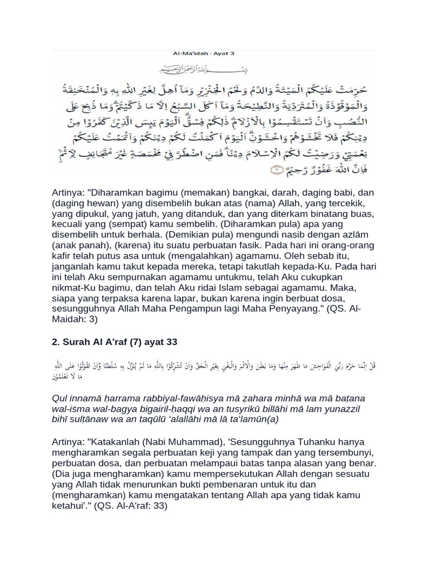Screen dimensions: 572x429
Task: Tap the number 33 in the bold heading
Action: [171, 342]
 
